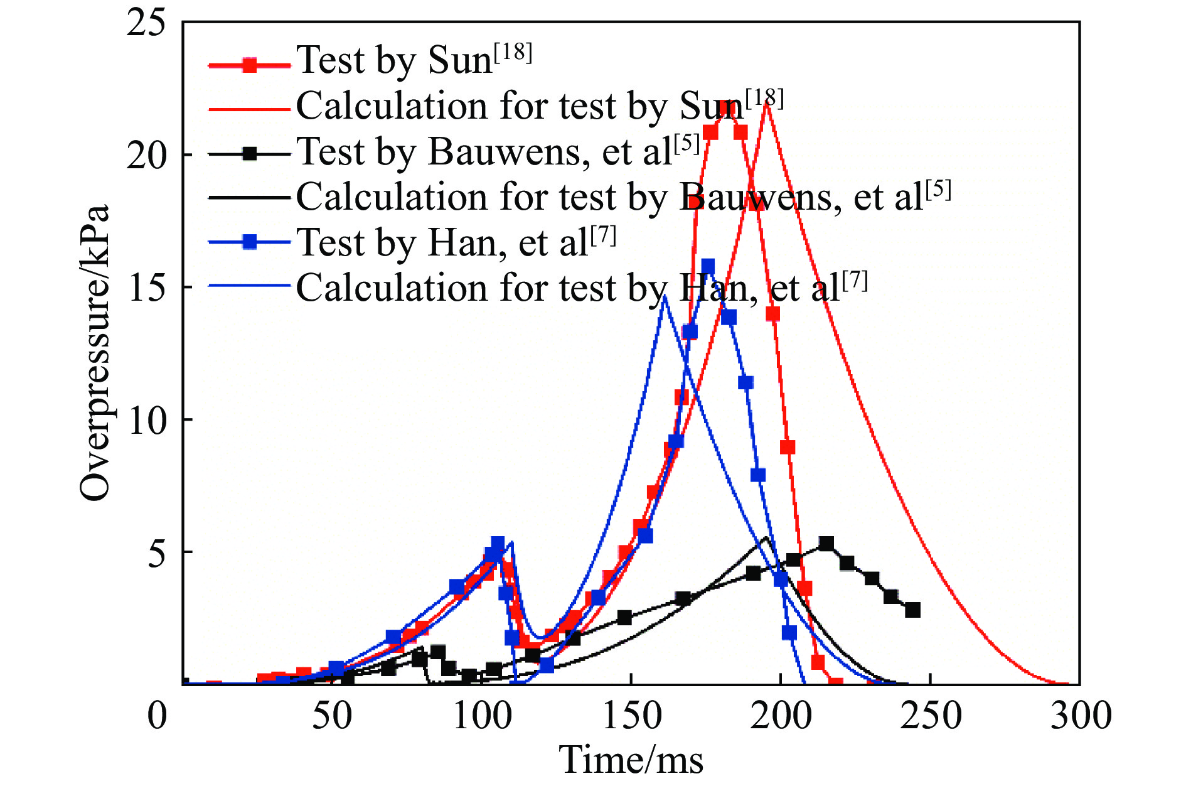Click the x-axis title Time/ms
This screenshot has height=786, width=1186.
click(631, 759)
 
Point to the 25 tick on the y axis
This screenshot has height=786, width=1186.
click(146, 23)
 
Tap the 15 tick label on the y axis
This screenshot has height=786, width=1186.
click(146, 288)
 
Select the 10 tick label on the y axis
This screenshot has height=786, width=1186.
click(146, 420)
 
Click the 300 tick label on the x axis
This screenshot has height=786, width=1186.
click(1081, 715)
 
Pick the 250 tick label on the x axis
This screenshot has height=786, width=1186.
click(931, 715)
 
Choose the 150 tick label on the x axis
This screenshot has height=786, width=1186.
click(631, 715)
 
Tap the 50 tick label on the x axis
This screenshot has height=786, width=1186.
click(332, 715)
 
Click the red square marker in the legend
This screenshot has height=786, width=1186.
click(250, 65)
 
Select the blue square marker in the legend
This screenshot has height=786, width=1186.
click(250, 242)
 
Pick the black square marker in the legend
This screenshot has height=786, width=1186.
click(250, 153)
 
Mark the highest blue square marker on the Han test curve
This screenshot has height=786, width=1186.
click(708, 266)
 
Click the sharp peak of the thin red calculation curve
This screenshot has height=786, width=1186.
click(766, 102)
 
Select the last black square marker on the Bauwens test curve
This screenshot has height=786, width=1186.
click(912, 610)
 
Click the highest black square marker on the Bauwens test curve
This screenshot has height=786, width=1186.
click(826, 544)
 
